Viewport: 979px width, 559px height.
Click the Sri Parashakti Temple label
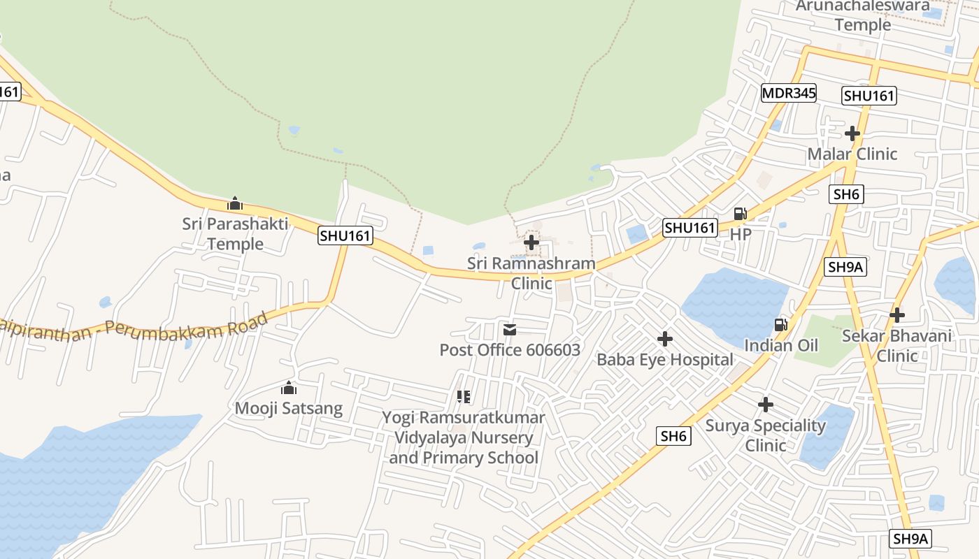pos(235,234)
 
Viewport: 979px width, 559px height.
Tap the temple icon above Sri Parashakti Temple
pos(235,203)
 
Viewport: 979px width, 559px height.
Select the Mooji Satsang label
pos(289,408)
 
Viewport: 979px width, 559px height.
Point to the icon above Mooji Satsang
pos(289,388)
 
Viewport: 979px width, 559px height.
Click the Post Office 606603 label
pos(510,349)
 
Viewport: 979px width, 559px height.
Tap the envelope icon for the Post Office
pos(510,329)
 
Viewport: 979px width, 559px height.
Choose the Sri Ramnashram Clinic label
pos(531,273)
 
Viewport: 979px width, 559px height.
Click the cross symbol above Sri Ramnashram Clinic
pos(531,242)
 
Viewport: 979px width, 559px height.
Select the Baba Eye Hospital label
pos(664,360)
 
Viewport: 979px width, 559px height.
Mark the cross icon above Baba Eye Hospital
pos(664,339)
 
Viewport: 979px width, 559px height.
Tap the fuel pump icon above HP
pos(740,214)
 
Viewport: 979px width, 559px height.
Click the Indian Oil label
pos(781,345)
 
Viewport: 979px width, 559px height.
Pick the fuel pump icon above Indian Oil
pos(780,324)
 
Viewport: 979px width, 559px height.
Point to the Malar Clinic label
pos(852,154)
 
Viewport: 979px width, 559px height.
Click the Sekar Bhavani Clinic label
pos(896,345)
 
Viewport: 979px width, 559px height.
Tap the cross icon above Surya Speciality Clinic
pos(766,405)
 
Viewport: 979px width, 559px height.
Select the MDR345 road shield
pos(789,93)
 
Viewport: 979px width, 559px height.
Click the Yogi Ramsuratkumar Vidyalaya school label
pos(464,437)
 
